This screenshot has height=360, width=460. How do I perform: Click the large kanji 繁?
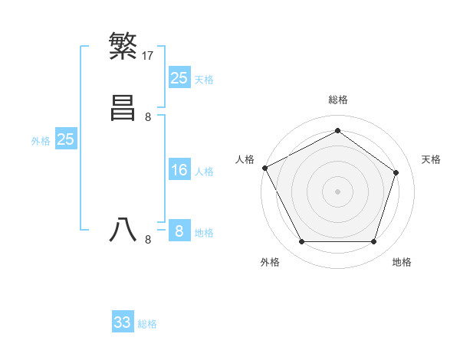tap(123, 45)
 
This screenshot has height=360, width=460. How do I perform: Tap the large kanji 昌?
tap(123, 108)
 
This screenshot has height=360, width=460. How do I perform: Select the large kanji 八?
tap(123, 230)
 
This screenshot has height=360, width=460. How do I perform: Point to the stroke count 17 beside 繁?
tap(148, 55)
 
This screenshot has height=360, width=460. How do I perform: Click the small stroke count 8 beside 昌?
tap(148, 117)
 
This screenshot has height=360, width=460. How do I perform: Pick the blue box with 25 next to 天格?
tap(179, 77)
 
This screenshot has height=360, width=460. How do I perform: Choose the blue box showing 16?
tap(179, 169)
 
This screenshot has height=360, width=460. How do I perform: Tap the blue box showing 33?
tap(123, 322)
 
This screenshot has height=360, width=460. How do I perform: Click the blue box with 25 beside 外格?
tap(66, 139)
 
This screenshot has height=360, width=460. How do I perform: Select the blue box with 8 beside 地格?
tap(179, 231)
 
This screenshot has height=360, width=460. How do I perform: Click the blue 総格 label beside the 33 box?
tap(147, 324)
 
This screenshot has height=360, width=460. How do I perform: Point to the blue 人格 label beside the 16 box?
tap(204, 172)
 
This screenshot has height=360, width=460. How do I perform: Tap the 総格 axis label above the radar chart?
tap(337, 100)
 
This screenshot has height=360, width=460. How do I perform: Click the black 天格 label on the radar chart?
tap(431, 159)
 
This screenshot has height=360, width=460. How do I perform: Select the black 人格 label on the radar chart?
tap(245, 159)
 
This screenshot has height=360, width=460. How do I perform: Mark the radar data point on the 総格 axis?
tap(337, 130)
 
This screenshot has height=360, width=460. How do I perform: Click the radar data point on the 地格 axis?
tap(373, 242)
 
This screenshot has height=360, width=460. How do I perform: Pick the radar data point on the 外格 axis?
tap(301, 242)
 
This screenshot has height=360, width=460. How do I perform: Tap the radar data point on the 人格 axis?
tap(264, 168)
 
